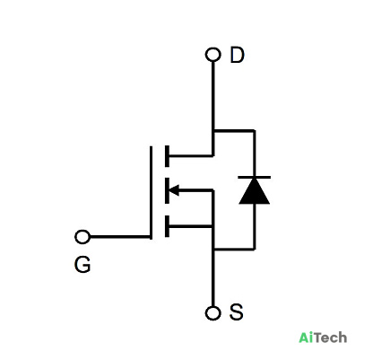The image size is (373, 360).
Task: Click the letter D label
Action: (237, 55)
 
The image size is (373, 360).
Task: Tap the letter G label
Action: (82, 265)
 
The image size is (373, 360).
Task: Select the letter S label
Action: (236, 312)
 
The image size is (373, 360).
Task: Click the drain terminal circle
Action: (213, 55)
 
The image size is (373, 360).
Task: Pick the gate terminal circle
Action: (82, 237)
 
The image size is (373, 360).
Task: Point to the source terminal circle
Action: (213, 313)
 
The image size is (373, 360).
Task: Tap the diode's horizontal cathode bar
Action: (255, 178)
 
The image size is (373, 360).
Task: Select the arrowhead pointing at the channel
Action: (174, 190)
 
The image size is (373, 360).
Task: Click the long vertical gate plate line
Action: (151, 193)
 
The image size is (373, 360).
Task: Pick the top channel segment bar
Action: (167, 156)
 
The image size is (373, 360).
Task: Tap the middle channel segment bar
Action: (167, 190)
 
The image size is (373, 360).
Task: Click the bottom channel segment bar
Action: (167, 226)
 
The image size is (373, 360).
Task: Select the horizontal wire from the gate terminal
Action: (120, 237)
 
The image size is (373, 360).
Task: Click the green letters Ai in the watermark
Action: (306, 338)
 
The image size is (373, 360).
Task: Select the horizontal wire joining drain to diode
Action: (234, 131)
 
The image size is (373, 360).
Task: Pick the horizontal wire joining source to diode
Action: (234, 249)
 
